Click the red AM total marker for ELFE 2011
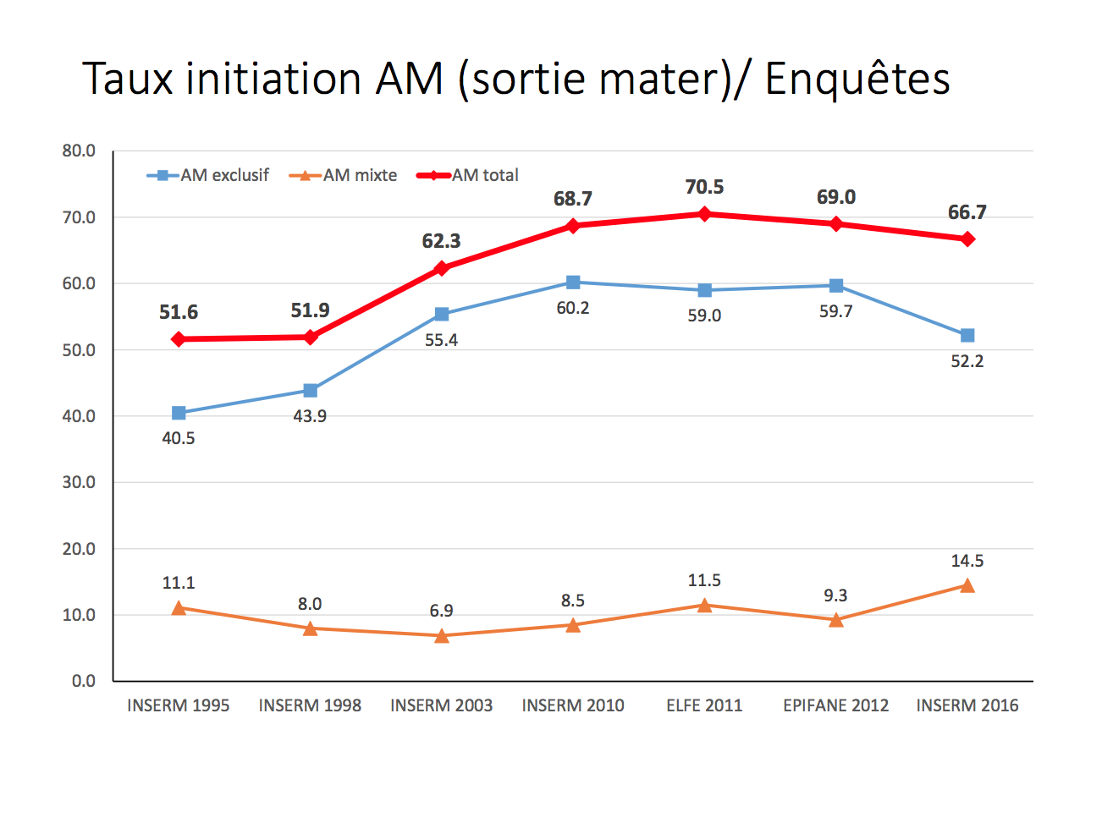point(704,214)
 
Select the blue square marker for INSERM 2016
point(967,336)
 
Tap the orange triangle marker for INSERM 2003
point(442,635)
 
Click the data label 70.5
point(704,187)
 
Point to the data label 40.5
point(179,438)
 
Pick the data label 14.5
point(967,561)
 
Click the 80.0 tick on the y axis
point(79,151)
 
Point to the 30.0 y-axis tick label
point(79,482)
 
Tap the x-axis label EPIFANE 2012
point(836,705)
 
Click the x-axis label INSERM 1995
point(179,705)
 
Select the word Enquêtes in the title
point(857,79)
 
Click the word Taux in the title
point(128,79)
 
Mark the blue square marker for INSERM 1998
point(311,391)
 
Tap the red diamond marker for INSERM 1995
point(179,339)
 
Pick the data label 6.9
point(442,611)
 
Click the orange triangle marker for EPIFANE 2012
point(836,620)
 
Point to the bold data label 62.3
point(442,241)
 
